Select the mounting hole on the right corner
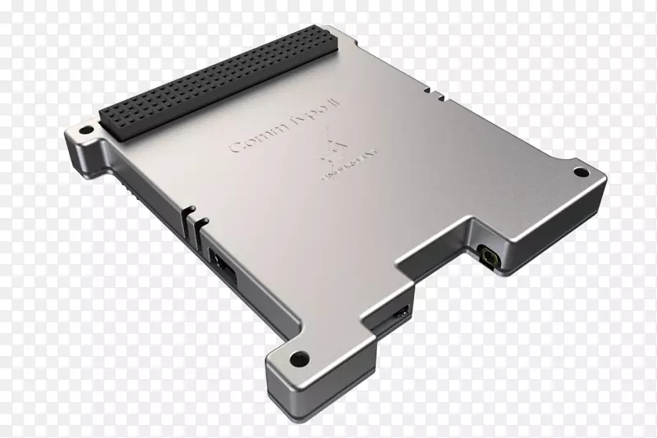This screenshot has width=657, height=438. pos(580,172)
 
